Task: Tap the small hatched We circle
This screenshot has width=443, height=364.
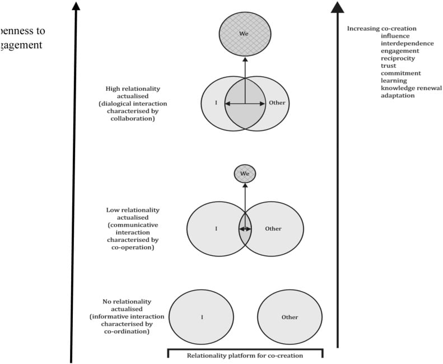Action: tap(245, 174)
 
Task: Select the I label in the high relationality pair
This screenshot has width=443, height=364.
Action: tap(216, 103)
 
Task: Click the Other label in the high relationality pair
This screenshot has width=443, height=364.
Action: tap(277, 103)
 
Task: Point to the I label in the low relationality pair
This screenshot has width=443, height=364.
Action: tap(216, 229)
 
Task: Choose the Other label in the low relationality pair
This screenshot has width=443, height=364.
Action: tap(273, 229)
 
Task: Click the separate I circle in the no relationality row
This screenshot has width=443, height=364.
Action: tap(202, 318)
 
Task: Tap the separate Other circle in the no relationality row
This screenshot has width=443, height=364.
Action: tap(290, 318)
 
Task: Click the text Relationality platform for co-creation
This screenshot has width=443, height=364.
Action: tap(245, 356)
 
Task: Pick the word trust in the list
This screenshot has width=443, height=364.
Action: tap(388, 66)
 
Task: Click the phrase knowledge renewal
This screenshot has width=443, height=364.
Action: tap(411, 88)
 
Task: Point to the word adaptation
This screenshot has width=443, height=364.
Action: tap(398, 96)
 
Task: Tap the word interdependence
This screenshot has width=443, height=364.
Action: tap(407, 43)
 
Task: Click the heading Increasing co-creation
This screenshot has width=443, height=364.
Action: tap(381, 29)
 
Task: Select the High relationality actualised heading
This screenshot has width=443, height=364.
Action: tap(132, 92)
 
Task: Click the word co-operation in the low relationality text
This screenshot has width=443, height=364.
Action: tap(133, 247)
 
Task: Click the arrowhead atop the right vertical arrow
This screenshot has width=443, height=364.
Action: tap(337, 7)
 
